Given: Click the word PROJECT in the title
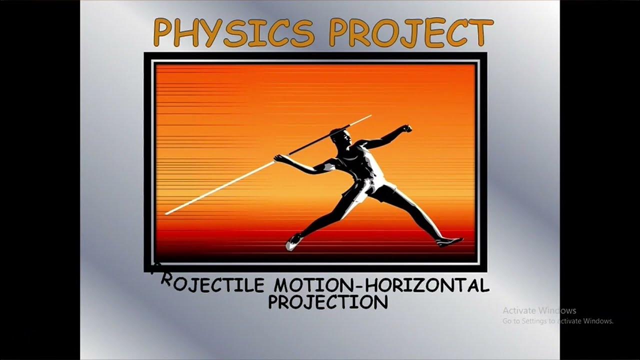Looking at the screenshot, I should click(x=410, y=32).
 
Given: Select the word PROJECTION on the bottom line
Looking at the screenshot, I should click(x=328, y=302).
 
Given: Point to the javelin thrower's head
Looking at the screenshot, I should click(x=340, y=137).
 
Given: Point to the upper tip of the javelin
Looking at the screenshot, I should click(x=369, y=116).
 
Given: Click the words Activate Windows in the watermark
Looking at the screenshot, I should click(x=539, y=310).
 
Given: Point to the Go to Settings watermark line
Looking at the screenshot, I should click(x=558, y=321).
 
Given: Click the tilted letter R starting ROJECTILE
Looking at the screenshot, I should click(x=166, y=281).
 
